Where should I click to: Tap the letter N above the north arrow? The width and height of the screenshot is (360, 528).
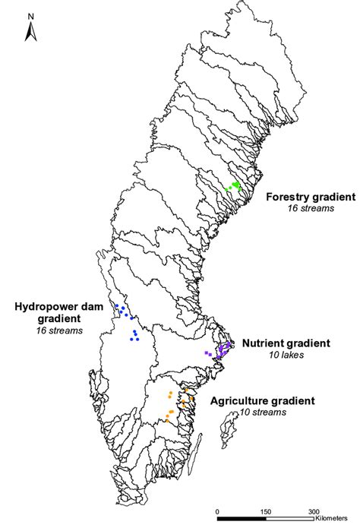click(31, 16)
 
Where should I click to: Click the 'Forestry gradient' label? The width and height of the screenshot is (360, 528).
click(311, 197)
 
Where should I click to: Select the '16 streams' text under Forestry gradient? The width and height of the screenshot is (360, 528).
click(311, 208)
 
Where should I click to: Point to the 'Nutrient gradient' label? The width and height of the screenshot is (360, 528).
click(286, 343)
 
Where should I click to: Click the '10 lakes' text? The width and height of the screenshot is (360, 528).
click(286, 355)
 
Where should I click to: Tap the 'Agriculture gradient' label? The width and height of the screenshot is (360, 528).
click(263, 400)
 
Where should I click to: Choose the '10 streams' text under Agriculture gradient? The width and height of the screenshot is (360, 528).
click(263, 413)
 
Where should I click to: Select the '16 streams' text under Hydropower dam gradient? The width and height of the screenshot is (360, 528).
click(59, 330)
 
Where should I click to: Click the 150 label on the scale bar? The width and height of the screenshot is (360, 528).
click(266, 512)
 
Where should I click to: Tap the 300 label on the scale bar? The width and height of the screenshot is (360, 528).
click(314, 512)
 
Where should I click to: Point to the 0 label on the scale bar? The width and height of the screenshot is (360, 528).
click(217, 512)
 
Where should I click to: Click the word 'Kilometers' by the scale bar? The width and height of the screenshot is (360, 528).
click(331, 519)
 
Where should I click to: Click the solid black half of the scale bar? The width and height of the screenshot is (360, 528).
click(242, 519)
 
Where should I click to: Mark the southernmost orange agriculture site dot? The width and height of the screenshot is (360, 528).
click(167, 421)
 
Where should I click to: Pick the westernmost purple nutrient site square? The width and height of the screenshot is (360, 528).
click(207, 353)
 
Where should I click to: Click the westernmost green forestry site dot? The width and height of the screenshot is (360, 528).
click(226, 190)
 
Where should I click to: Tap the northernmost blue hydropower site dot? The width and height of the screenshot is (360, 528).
click(117, 305)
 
